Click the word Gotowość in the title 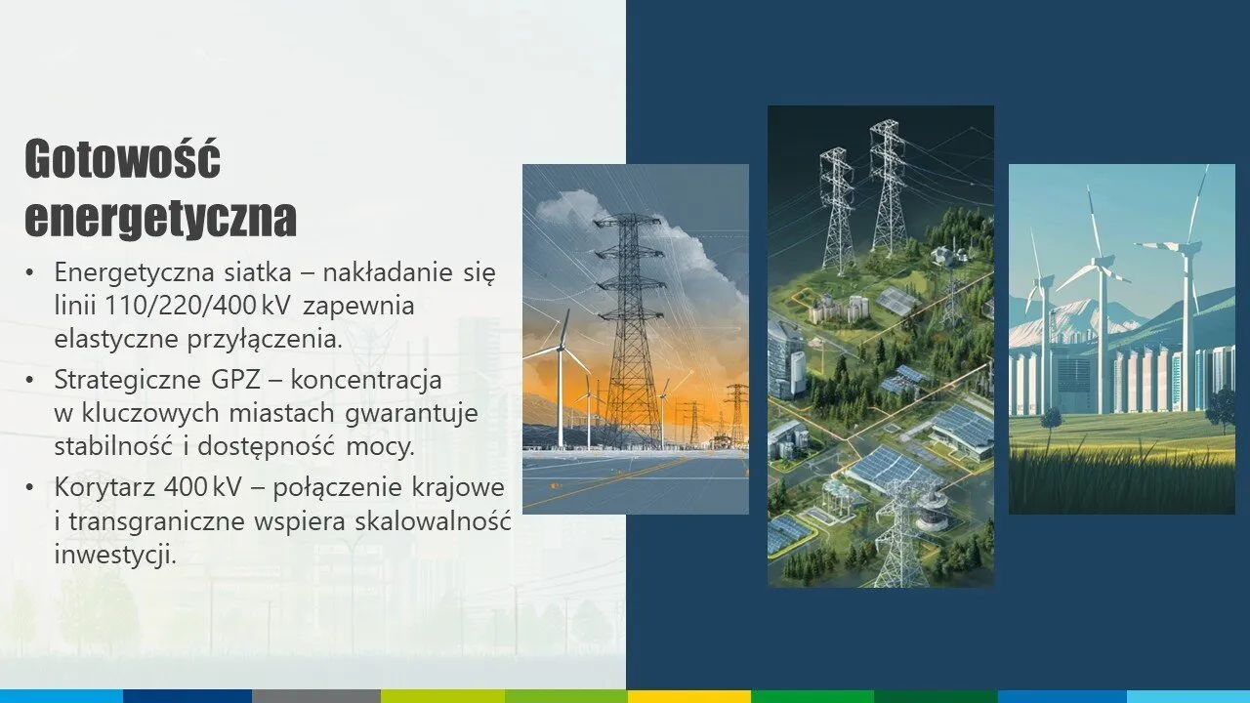pos(123,159)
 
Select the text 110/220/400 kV pos(197,306)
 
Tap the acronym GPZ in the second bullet pos(236,380)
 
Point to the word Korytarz pos(104,487)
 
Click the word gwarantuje pos(412,414)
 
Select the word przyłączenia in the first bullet pos(264,340)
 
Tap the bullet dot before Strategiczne pos(29,381)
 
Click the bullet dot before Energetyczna pos(29,272)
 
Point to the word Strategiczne pos(128,381)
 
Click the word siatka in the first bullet pos(258,272)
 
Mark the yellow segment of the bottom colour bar pos(689,696)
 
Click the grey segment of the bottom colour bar pos(316,696)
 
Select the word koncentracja pos(366,381)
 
